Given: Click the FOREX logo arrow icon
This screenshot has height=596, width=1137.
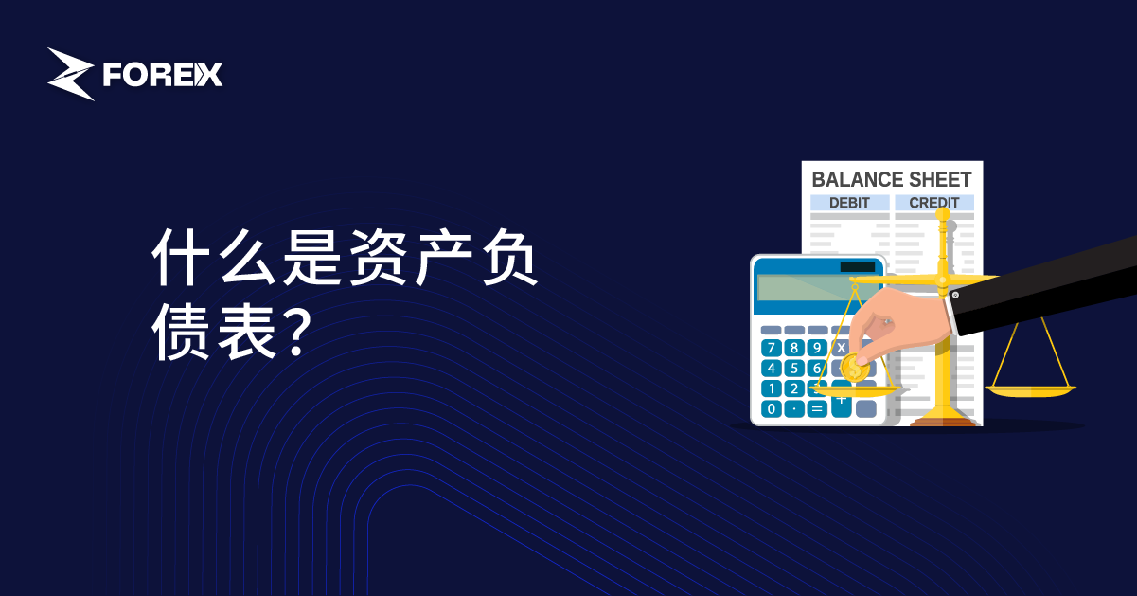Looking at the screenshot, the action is pyautogui.click(x=71, y=74).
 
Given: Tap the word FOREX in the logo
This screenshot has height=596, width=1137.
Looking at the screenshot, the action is pyautogui.click(x=163, y=75).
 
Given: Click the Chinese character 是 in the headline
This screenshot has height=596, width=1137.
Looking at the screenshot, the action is pyautogui.click(x=311, y=257).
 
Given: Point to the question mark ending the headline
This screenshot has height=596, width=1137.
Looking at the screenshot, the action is pyautogui.click(x=295, y=332).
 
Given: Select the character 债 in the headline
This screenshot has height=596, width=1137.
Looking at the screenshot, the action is pyautogui.click(x=181, y=333).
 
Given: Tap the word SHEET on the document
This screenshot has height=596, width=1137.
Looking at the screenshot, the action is pyautogui.click(x=940, y=179).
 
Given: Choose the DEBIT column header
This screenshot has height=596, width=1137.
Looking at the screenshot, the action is pyautogui.click(x=849, y=203).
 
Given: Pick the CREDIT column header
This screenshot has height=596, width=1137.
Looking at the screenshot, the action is pyautogui.click(x=934, y=203).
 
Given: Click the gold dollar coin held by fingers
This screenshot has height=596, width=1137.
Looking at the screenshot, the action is pyautogui.click(x=854, y=368).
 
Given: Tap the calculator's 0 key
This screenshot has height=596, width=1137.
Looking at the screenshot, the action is pyautogui.click(x=772, y=408).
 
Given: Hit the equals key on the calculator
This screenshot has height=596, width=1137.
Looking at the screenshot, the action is pyautogui.click(x=817, y=408).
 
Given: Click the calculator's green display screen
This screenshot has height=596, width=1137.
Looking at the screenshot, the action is pyautogui.click(x=817, y=289).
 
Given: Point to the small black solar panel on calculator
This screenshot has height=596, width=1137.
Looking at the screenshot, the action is pyautogui.click(x=858, y=267).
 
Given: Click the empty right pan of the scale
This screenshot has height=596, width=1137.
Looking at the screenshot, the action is pyautogui.click(x=1030, y=390).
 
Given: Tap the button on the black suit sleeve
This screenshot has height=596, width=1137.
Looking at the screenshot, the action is pyautogui.click(x=955, y=295).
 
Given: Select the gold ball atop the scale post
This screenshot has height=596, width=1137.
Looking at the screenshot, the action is pyautogui.click(x=943, y=214).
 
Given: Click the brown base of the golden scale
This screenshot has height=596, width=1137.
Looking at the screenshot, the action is pyautogui.click(x=943, y=422).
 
